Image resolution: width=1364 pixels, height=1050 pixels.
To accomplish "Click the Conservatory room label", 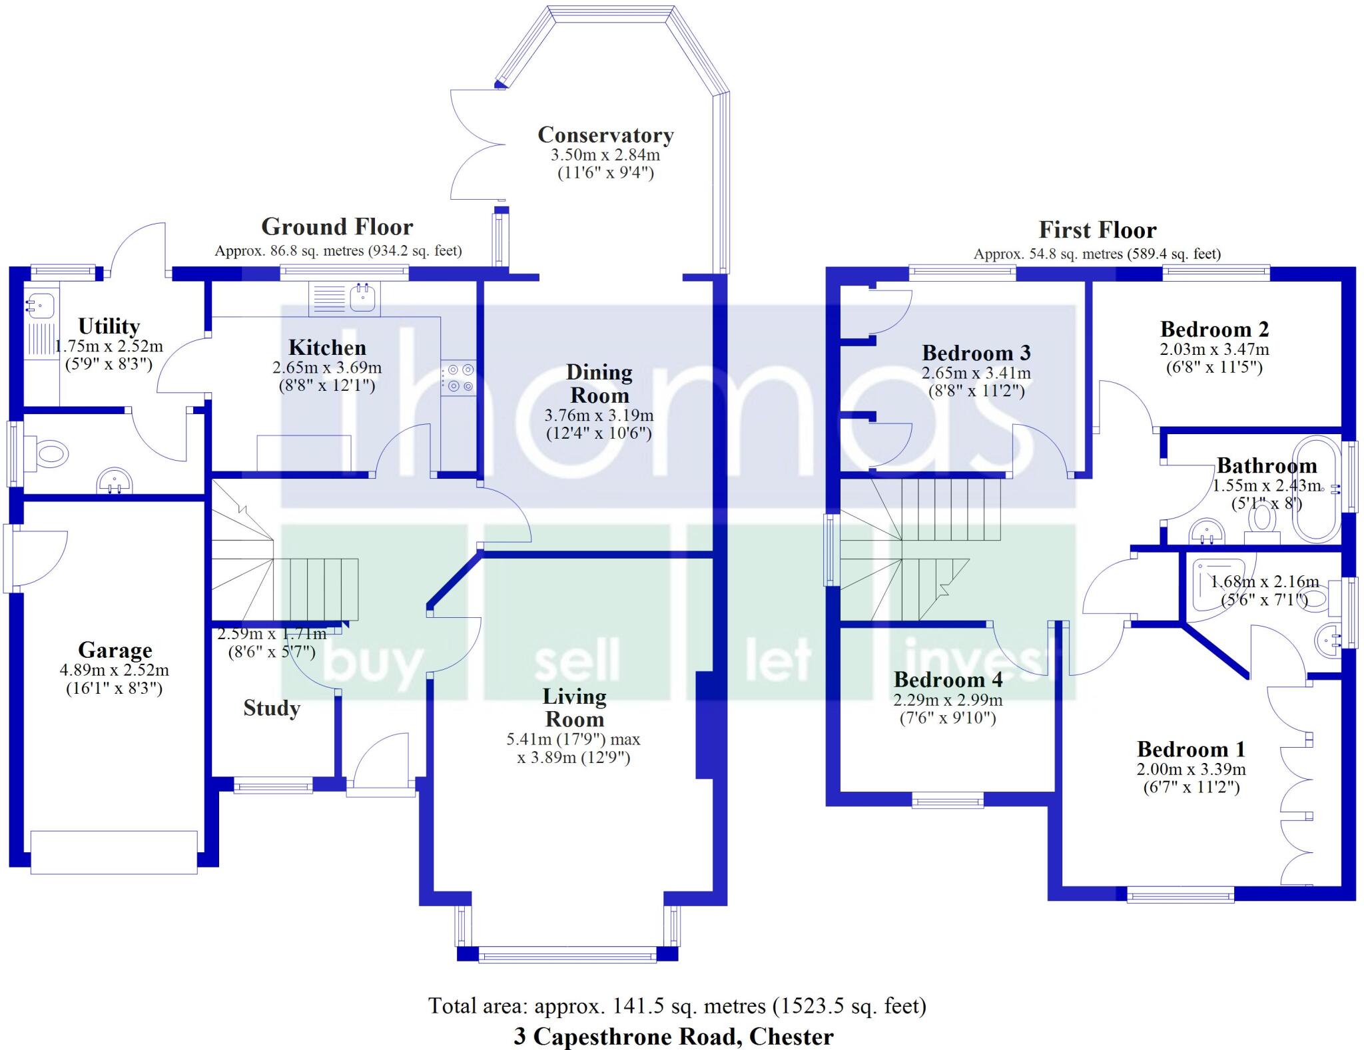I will coord(605,135).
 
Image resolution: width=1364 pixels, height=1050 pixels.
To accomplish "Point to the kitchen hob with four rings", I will coord(459,378).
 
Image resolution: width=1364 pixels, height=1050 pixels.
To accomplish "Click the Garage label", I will coord(115,650).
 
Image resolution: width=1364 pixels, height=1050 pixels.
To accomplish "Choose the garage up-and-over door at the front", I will coord(114,852).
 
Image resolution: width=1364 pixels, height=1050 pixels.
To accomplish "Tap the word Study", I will coord(271,708).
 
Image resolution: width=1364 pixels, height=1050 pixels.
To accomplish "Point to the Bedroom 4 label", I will coord(948,680).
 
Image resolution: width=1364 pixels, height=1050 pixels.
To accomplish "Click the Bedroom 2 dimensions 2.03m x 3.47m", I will coord(1214,350).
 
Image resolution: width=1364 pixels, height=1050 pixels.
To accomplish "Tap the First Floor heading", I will coord(1097,230).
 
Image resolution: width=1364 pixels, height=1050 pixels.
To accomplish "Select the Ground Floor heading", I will coord(337,227).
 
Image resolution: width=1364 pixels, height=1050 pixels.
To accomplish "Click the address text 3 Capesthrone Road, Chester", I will coord(673,1037).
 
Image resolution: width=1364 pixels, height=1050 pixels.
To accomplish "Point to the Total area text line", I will coord(677,1005).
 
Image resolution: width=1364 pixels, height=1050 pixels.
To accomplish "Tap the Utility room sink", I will coord(36,305).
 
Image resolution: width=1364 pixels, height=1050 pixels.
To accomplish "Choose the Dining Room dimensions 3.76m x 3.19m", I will coord(599,415).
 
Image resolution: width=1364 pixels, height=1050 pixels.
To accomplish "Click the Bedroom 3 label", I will coord(976,353).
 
